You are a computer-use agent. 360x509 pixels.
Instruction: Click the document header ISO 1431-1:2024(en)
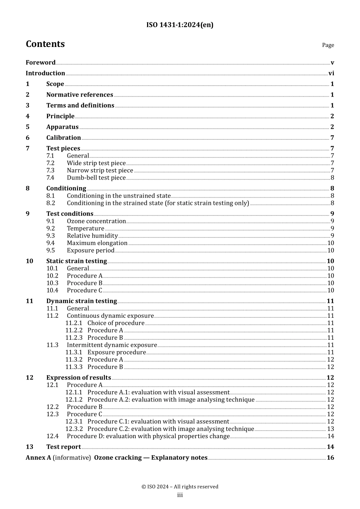[180, 25]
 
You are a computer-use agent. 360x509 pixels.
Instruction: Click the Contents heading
[45, 44]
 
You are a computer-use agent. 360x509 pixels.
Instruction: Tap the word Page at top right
[328, 45]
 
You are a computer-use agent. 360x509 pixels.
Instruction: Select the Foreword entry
[41, 62]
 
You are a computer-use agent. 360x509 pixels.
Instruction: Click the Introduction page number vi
[331, 73]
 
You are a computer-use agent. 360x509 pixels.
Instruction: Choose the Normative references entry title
[80, 95]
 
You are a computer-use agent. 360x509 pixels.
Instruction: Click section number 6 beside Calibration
[28, 138]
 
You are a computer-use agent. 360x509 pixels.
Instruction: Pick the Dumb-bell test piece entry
[96, 178]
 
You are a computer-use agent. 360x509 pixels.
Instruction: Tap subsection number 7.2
[50, 163]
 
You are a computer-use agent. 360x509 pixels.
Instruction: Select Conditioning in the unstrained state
[119, 196]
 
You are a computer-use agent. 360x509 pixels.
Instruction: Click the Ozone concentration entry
[96, 221]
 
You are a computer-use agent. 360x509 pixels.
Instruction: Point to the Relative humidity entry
[92, 236]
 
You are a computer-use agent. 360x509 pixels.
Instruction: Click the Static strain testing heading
[77, 261]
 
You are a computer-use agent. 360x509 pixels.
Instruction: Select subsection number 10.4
[52, 290]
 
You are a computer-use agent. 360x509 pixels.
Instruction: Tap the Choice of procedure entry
[116, 323]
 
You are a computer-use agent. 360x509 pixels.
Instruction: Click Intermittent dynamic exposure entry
[112, 345]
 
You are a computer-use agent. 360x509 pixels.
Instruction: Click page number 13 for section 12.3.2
[330, 429]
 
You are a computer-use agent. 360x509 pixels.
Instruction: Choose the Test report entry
[64, 447]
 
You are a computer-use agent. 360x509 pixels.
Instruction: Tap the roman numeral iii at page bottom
[180, 495]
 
